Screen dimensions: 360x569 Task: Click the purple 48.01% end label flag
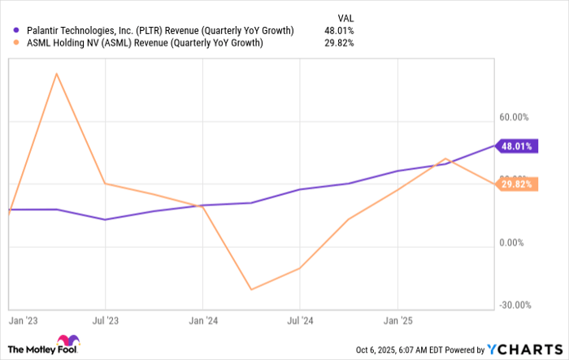(x=517, y=147)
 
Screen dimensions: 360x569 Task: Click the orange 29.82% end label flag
(x=517, y=184)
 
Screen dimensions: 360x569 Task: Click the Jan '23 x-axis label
(x=23, y=321)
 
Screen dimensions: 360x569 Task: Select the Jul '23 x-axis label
(x=106, y=321)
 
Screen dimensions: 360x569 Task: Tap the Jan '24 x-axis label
(x=203, y=321)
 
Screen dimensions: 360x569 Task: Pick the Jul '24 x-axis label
(x=300, y=321)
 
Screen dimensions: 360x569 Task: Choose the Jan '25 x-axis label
(x=397, y=321)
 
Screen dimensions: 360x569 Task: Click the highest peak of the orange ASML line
(x=56, y=74)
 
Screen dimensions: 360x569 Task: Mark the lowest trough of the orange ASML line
(x=252, y=289)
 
